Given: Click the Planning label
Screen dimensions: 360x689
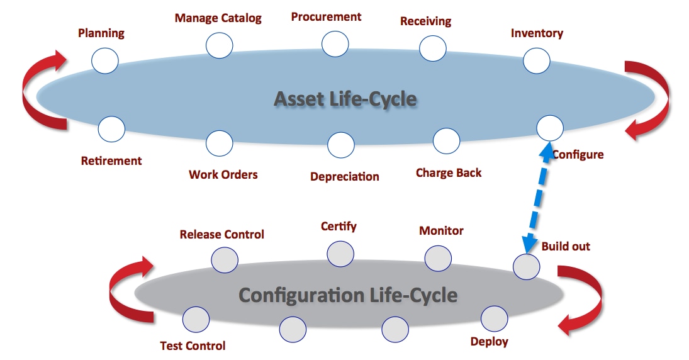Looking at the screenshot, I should [101, 33].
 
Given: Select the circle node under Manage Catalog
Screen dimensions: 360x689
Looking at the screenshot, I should [219, 45].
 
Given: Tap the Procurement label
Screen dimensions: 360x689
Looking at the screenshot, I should [326, 17].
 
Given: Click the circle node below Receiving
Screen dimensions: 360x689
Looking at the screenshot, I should [433, 48].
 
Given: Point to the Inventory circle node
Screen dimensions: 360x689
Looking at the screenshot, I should [537, 60].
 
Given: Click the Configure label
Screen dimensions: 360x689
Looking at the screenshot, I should [578, 155].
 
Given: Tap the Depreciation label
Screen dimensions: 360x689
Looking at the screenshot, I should [345, 177].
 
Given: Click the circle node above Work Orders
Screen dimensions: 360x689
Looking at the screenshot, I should [219, 143].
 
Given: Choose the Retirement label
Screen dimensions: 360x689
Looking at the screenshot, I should [111, 161].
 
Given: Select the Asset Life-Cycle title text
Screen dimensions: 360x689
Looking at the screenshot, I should [345, 99].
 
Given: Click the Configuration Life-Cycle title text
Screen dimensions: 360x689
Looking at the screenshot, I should [347, 295].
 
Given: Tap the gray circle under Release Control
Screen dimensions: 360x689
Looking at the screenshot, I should [225, 260].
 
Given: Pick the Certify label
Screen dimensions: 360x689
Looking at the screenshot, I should [339, 226].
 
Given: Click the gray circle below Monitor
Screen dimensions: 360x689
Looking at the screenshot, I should [438, 259].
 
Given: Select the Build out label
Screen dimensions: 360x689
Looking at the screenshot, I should [566, 247].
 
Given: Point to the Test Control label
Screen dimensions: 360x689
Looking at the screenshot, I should [193, 346].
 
